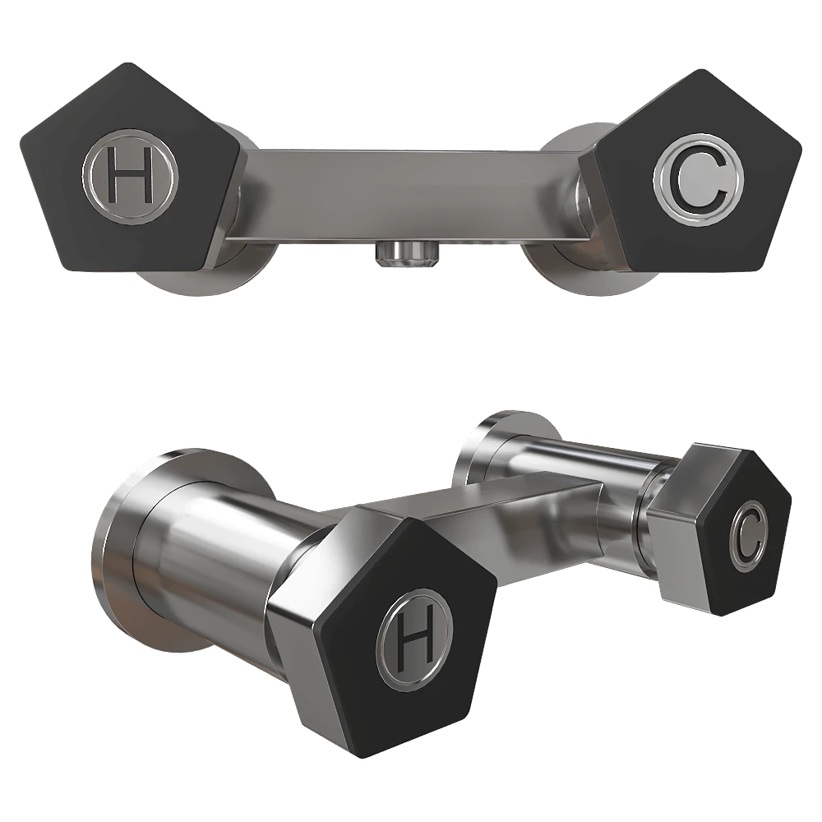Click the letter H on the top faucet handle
point(130,174)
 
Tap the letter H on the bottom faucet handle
point(415,639)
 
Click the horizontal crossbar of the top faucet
point(409,195)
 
